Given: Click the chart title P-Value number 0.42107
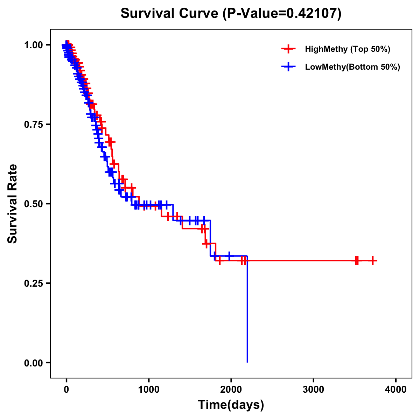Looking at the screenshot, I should tap(312, 14).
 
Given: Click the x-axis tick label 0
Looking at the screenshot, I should tap(66, 390).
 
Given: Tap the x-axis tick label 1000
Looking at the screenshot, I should tap(149, 390).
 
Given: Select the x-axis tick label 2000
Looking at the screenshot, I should tap(231, 390).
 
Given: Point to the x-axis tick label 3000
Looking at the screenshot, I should tap(314, 390).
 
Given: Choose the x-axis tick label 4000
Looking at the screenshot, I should tap(396, 390).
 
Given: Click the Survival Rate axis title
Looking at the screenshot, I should tap(13, 203).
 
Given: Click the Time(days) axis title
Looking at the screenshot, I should tap(231, 405).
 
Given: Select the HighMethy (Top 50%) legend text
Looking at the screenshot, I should tap(348, 49).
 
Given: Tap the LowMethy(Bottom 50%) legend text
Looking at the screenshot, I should tap(352, 67).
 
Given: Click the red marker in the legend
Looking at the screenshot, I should tap(288, 49).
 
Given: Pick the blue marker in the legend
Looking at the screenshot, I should tap(288, 66).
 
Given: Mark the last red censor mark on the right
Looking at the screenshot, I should tap(373, 260).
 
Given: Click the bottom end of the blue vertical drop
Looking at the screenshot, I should tap(247, 362).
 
